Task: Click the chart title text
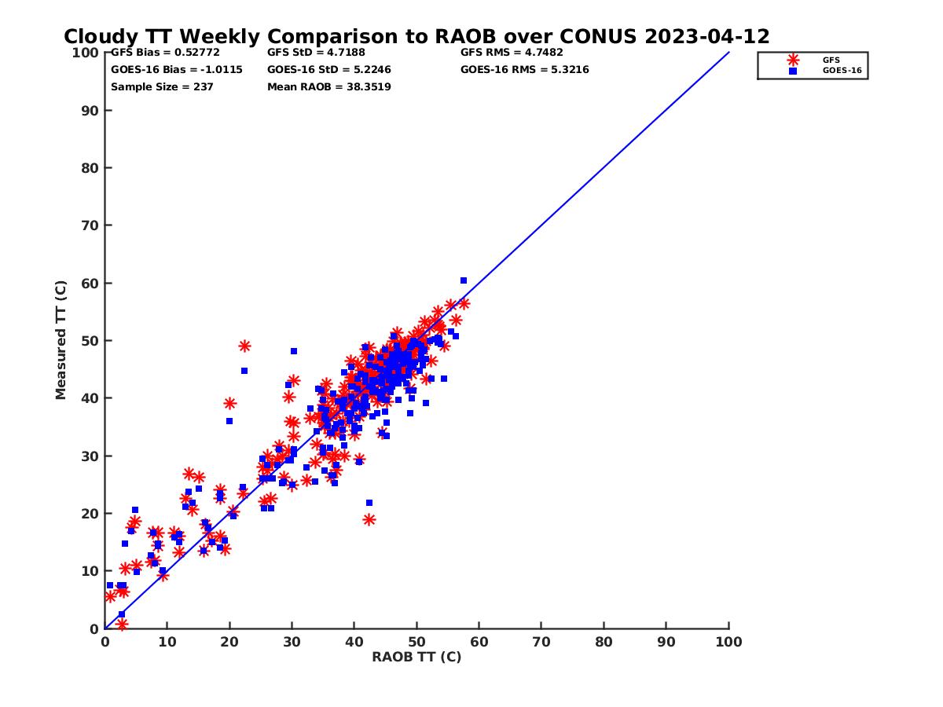[416, 37]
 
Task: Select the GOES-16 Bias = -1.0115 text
[177, 69]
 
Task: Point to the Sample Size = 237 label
[162, 86]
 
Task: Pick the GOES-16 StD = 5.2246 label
[328, 69]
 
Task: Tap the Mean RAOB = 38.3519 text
[328, 86]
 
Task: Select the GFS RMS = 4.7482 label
[512, 53]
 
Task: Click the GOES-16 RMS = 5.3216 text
[524, 69]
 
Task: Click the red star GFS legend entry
[793, 60]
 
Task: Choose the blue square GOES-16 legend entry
[793, 71]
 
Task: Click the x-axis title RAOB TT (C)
[416, 657]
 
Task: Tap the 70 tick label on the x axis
[541, 641]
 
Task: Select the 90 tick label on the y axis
[90, 111]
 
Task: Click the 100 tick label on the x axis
[728, 641]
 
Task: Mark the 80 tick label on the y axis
[90, 168]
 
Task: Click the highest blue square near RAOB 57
[464, 280]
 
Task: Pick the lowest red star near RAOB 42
[369, 519]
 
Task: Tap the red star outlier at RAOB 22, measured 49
[244, 346]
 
